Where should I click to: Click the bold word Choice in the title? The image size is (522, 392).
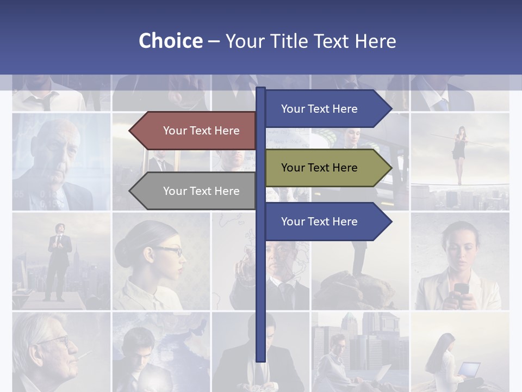(x=170, y=41)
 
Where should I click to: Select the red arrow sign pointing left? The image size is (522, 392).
(x=193, y=131)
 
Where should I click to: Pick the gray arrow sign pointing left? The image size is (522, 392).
(x=193, y=191)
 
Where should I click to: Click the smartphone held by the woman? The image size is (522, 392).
(x=461, y=289)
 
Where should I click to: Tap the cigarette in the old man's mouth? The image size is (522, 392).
(x=84, y=357)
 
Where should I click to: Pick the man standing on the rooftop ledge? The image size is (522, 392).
(x=59, y=261)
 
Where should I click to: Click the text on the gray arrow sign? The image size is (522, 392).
(x=201, y=191)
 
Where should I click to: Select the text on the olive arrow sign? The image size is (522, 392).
(x=319, y=168)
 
